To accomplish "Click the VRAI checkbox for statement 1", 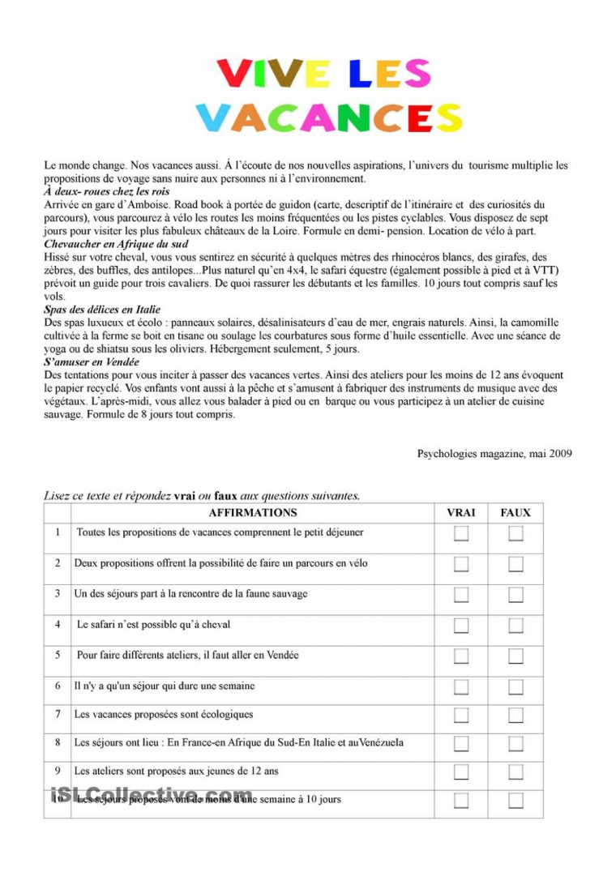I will point(461,533).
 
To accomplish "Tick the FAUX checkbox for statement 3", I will point(515,595).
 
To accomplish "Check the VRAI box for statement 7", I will point(461,715).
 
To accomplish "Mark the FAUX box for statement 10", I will point(515,800).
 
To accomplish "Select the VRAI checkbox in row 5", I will point(461,656).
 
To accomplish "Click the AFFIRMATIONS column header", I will point(253,512).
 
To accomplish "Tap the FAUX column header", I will point(515,512).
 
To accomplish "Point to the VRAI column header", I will point(461,512).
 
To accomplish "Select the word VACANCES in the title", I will point(329,118).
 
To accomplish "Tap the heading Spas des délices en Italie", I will point(102,310).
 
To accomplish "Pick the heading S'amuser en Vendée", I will point(92,362).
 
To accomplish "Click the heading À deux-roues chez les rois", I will point(107,191).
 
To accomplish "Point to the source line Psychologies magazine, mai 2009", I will point(494,454).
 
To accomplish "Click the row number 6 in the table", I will point(58,686).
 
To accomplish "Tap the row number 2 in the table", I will point(58,562).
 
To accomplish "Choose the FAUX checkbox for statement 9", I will point(515,772).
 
